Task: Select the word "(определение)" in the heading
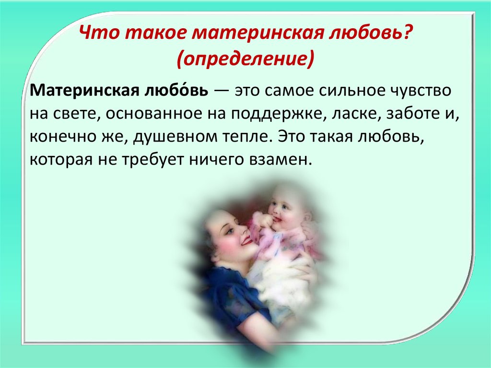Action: point(245,59)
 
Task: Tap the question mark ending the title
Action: point(406,32)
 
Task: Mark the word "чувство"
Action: point(421,91)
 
